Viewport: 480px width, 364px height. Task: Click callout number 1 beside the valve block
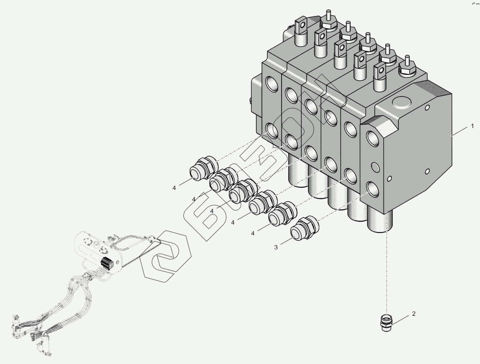(x=472, y=126)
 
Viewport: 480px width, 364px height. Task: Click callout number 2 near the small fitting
(x=414, y=314)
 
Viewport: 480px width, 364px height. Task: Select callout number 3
(x=276, y=247)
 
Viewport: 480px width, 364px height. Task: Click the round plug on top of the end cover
(x=401, y=102)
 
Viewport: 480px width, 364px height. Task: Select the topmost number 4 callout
(x=174, y=188)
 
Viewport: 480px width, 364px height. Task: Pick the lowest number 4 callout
(x=253, y=234)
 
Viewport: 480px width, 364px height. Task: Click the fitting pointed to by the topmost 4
(x=204, y=168)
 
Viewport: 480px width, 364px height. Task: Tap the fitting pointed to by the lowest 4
(x=282, y=214)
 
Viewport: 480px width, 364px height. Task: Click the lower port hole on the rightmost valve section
(x=373, y=189)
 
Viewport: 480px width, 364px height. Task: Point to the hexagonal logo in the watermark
(x=166, y=256)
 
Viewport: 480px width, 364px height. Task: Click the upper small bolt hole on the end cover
(x=427, y=107)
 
